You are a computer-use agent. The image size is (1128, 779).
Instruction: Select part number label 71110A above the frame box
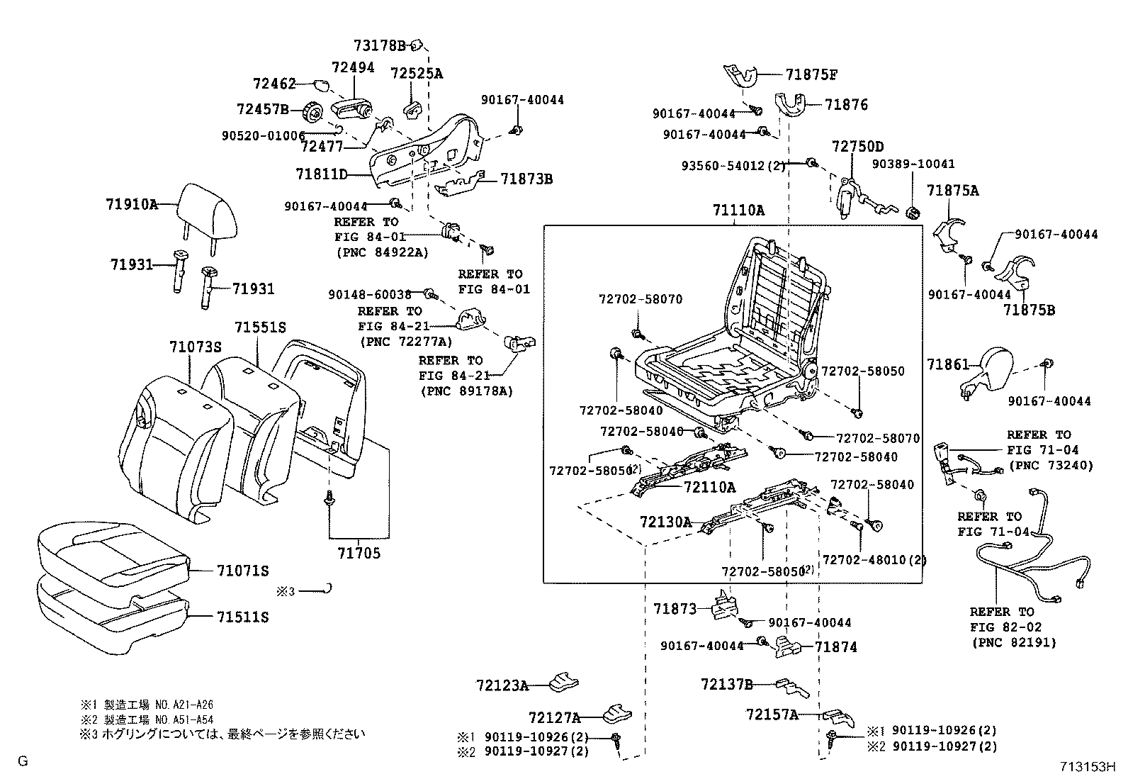pos(739,211)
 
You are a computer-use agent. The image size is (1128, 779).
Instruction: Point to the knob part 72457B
pos(312,112)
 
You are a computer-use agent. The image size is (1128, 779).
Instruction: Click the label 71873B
pos(526,179)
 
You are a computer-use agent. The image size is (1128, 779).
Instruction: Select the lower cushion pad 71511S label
pos(242,617)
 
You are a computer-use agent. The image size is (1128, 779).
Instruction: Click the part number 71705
pos(359,553)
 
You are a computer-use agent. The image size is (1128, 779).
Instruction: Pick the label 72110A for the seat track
pos(709,488)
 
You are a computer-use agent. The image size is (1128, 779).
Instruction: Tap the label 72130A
pos(665,522)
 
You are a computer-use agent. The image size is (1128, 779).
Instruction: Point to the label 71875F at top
pos(811,74)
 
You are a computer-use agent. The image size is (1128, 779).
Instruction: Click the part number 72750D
pos(857,147)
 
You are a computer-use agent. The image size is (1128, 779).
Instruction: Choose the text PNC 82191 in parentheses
pos(1013,643)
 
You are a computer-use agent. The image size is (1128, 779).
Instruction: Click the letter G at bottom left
pos(23,761)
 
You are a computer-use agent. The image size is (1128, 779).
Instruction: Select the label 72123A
pos(502,685)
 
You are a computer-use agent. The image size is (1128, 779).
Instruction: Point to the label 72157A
pos(772,714)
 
